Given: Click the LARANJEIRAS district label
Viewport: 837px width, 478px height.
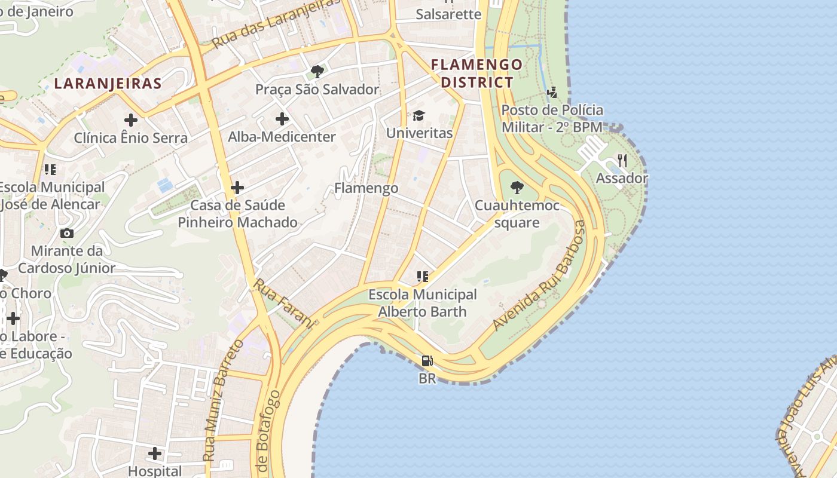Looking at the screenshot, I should point(108,84).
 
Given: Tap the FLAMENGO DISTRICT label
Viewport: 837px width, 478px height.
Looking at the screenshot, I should point(477,73).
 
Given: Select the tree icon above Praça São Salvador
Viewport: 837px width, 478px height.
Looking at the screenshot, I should point(317,72).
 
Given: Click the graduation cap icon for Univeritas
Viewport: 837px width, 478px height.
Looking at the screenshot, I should point(419,115).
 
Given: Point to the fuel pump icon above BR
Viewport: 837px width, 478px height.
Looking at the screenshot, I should point(427,361).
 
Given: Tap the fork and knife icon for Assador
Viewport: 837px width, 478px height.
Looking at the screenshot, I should point(622,161).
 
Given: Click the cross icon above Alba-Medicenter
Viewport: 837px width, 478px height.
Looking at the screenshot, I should point(282,119).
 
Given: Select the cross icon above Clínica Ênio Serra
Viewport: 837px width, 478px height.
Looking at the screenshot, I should point(130,120).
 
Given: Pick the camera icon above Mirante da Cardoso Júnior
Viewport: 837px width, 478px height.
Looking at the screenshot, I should point(66,233).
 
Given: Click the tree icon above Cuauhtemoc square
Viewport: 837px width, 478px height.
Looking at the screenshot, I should point(517,188).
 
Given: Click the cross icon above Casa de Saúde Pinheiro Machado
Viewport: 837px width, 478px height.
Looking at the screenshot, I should point(237,188).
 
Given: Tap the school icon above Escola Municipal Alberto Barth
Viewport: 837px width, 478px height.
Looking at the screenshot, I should point(423,277).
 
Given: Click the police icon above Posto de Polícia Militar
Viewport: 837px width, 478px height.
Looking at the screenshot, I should point(552,93).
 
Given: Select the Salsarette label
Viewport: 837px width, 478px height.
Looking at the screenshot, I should point(448,14).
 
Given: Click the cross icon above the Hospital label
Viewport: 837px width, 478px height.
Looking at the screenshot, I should point(155,454).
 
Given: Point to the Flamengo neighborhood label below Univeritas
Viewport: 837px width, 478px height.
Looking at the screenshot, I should point(366,188).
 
